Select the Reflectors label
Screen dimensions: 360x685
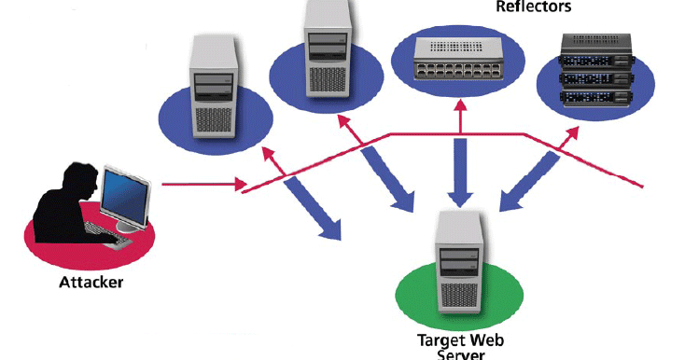tap(533, 7)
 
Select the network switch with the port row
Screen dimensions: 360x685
tap(456, 57)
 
